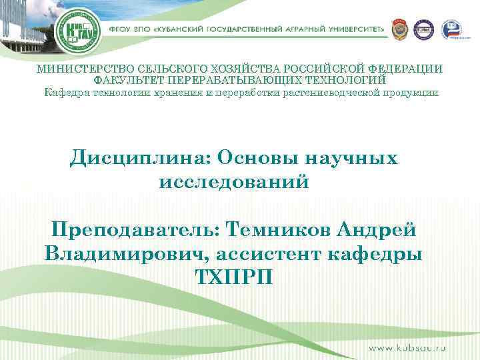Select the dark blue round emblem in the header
(x=424, y=30)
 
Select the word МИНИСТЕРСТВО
(x=85, y=69)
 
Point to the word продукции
(x=414, y=92)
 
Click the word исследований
(x=235, y=181)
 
